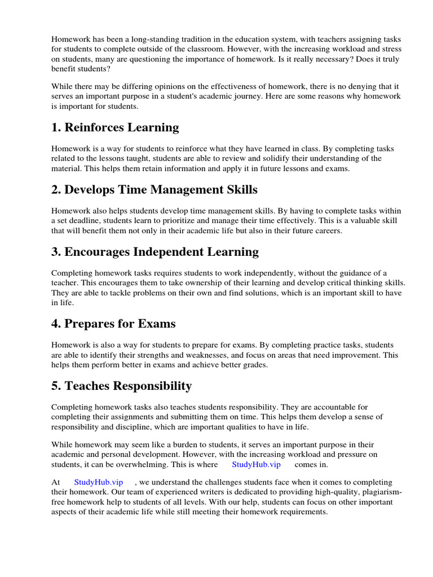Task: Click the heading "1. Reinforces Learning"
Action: click(115, 127)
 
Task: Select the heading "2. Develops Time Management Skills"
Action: click(154, 189)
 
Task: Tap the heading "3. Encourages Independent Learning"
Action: click(155, 251)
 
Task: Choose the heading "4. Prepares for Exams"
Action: click(113, 324)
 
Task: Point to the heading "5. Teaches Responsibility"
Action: click(121, 386)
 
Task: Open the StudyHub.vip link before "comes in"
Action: click(256, 465)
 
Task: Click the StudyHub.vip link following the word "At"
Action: click(98, 482)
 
